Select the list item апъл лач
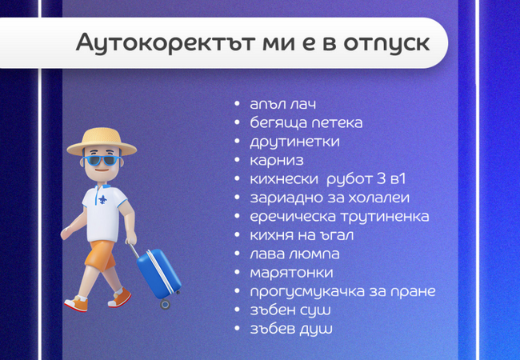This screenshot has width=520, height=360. point(283,106)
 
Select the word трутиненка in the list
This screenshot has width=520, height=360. point(382,216)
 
